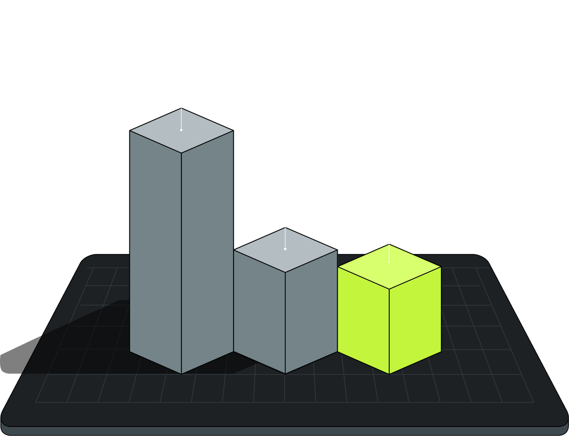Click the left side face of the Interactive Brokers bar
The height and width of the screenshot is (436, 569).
[259, 310]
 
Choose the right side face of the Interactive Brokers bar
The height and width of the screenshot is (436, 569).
[311, 310]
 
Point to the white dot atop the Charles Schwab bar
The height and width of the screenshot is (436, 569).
[181, 130]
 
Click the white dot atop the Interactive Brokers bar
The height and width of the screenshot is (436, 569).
[285, 249]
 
